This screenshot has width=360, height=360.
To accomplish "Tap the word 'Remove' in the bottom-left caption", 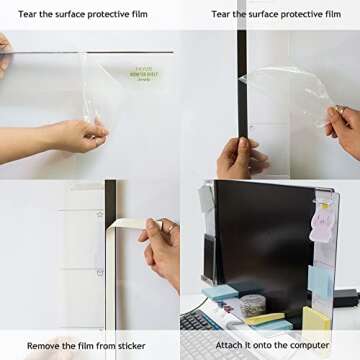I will click(45, 345).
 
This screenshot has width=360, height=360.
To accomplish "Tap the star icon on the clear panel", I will click(100, 214).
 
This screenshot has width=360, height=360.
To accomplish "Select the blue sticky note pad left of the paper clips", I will click(221, 294).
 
